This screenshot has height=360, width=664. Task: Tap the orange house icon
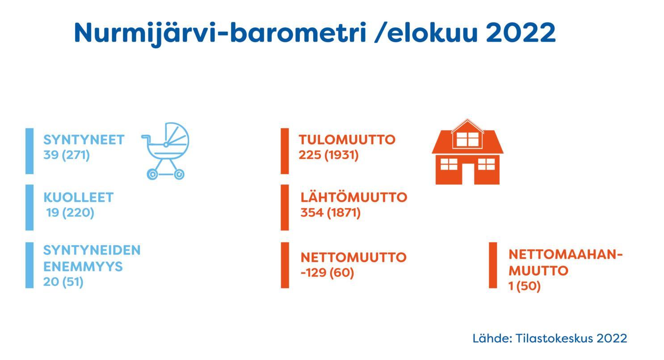[x=467, y=152]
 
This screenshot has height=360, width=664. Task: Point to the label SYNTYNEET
[x=84, y=140]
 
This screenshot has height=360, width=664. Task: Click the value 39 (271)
[x=67, y=155]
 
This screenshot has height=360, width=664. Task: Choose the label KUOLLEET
[x=79, y=197]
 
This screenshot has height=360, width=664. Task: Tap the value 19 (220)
[x=70, y=213]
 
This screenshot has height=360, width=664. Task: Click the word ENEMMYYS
[x=83, y=267]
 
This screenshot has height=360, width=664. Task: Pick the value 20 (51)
[x=63, y=282]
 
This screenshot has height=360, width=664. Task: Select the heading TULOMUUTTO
[x=347, y=140]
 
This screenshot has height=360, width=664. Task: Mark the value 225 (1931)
[x=329, y=155]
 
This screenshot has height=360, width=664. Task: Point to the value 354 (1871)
[x=331, y=213]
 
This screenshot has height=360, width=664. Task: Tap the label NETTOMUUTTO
[x=353, y=257]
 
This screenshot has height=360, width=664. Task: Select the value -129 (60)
[x=327, y=272]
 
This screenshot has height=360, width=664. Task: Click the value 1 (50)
[x=525, y=286]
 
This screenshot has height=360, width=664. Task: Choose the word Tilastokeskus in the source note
[x=555, y=339]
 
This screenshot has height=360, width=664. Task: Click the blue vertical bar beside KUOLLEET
[x=29, y=207]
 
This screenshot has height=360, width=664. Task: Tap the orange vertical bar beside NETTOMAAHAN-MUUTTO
[x=493, y=265]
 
